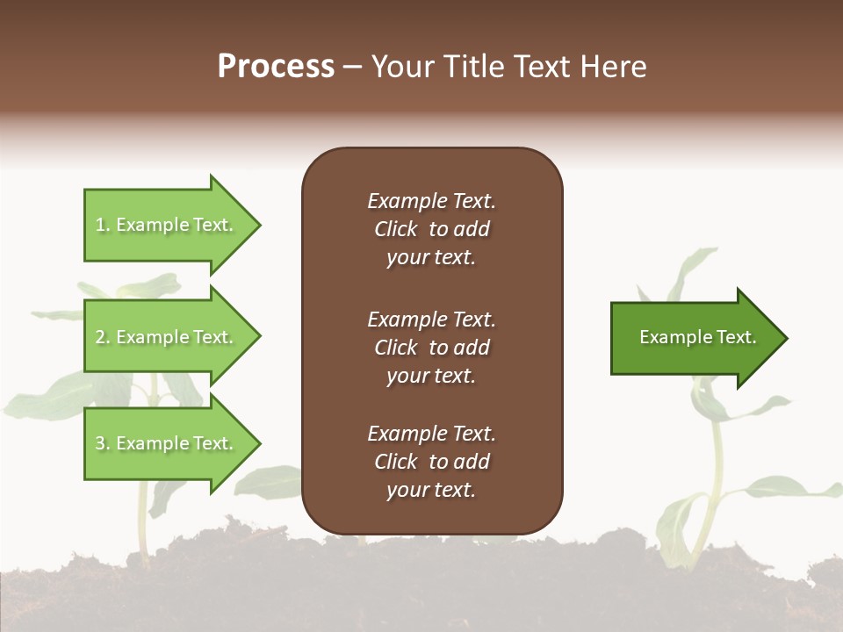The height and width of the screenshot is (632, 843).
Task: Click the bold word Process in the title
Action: coord(276,67)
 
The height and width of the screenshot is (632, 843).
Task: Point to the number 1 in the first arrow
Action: coord(100,225)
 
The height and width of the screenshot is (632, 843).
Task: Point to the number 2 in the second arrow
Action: coord(100,337)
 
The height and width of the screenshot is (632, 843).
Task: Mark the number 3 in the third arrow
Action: coord(100,443)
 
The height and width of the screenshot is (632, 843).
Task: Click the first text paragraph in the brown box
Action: coord(431,229)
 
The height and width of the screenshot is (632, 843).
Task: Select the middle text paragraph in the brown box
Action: coord(431,348)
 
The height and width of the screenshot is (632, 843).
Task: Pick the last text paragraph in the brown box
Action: coord(431,462)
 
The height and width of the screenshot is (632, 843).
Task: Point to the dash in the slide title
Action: coord(352,67)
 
